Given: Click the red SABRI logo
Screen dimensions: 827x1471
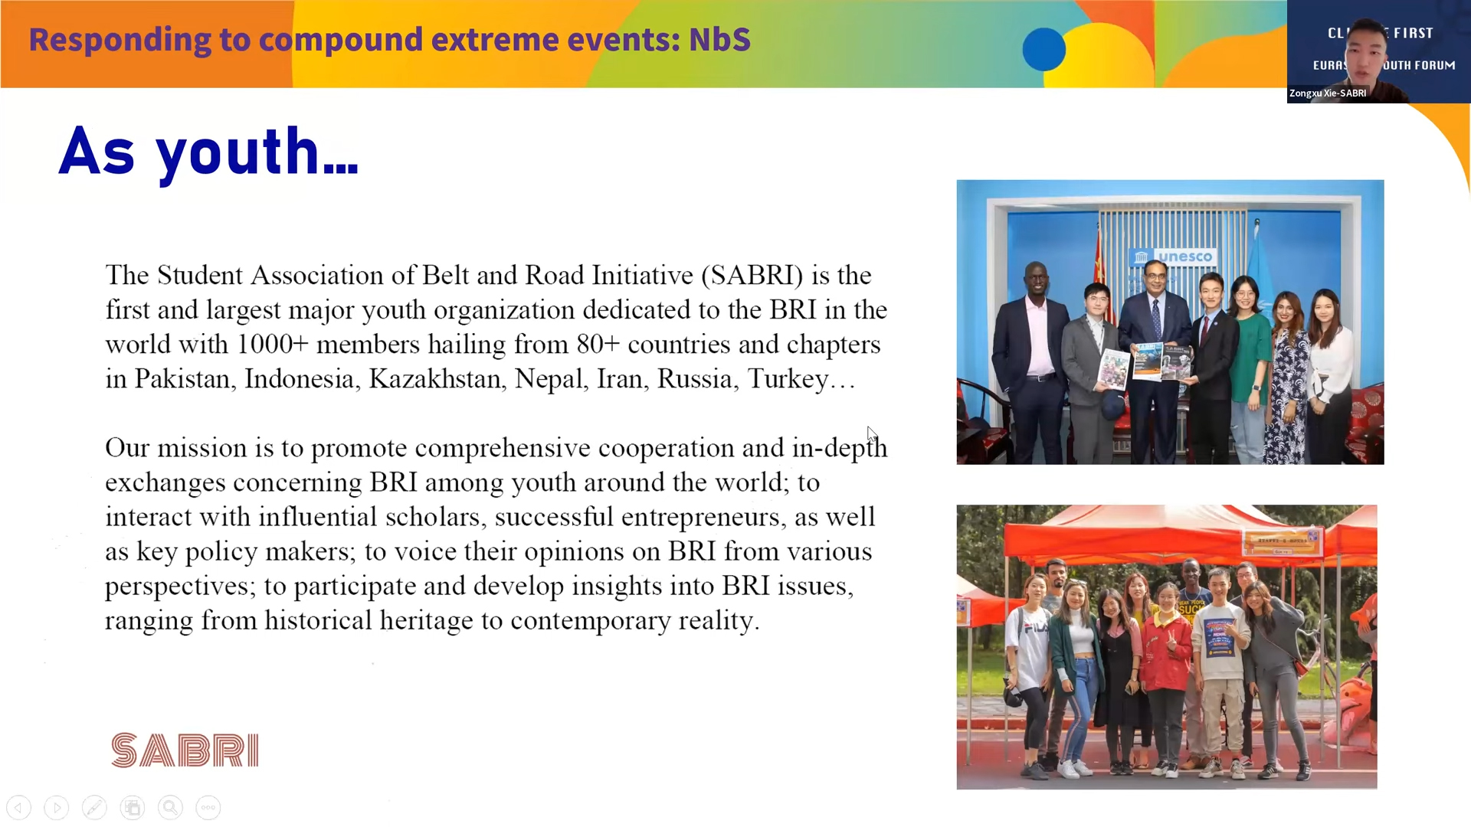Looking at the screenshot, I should pos(185,750).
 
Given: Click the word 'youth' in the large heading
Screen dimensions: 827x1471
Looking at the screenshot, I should pos(238,152).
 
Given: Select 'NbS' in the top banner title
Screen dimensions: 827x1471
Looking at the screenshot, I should pos(719,40).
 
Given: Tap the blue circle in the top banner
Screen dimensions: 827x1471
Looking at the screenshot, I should pos(1043,49).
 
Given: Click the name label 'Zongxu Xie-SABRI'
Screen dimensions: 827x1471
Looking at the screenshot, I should pos(1328,93).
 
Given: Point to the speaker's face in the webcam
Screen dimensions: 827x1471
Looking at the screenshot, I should pos(1365,51).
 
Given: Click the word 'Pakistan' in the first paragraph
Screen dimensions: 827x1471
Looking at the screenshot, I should pos(182,379).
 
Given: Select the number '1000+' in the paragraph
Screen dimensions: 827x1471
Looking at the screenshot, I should pos(272,345).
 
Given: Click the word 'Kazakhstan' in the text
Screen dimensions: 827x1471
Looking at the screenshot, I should pos(434,379).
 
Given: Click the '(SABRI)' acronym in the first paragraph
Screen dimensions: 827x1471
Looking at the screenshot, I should pos(752,276).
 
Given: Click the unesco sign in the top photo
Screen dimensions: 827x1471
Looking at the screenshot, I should pos(1173,257).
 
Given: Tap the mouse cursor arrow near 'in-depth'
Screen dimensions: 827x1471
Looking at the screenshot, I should pos(872,433).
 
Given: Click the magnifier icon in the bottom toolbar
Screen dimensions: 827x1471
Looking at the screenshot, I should pos(170,807).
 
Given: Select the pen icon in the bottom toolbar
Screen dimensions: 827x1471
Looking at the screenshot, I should pos(94,807).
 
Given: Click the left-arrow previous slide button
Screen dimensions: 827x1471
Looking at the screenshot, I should pos(19,807).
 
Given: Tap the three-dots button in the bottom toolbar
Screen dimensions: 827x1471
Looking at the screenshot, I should pos(208,807).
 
